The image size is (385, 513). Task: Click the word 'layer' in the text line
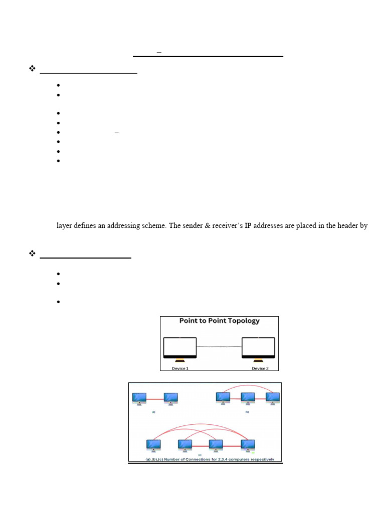[64, 226]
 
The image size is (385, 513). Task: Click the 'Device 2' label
[260, 368]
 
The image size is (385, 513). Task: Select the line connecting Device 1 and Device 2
[219, 347]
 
